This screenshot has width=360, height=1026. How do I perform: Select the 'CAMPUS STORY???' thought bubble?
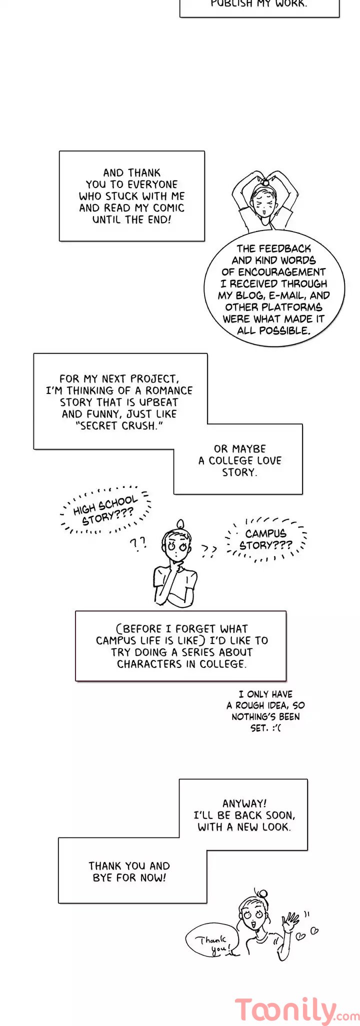click(x=265, y=539)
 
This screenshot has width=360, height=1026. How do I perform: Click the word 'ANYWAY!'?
click(x=244, y=803)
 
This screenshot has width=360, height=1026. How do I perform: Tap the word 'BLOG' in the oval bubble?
click(x=249, y=295)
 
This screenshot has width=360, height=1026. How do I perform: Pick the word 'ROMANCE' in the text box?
click(x=169, y=390)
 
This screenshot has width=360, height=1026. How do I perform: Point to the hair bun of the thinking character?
click(x=180, y=524)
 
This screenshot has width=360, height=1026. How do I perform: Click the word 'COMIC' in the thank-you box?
click(x=168, y=208)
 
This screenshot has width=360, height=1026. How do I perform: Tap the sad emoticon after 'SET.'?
click(x=276, y=728)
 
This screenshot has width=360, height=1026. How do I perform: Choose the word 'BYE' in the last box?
click(x=102, y=877)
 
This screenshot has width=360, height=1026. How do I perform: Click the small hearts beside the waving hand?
click(x=308, y=932)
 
